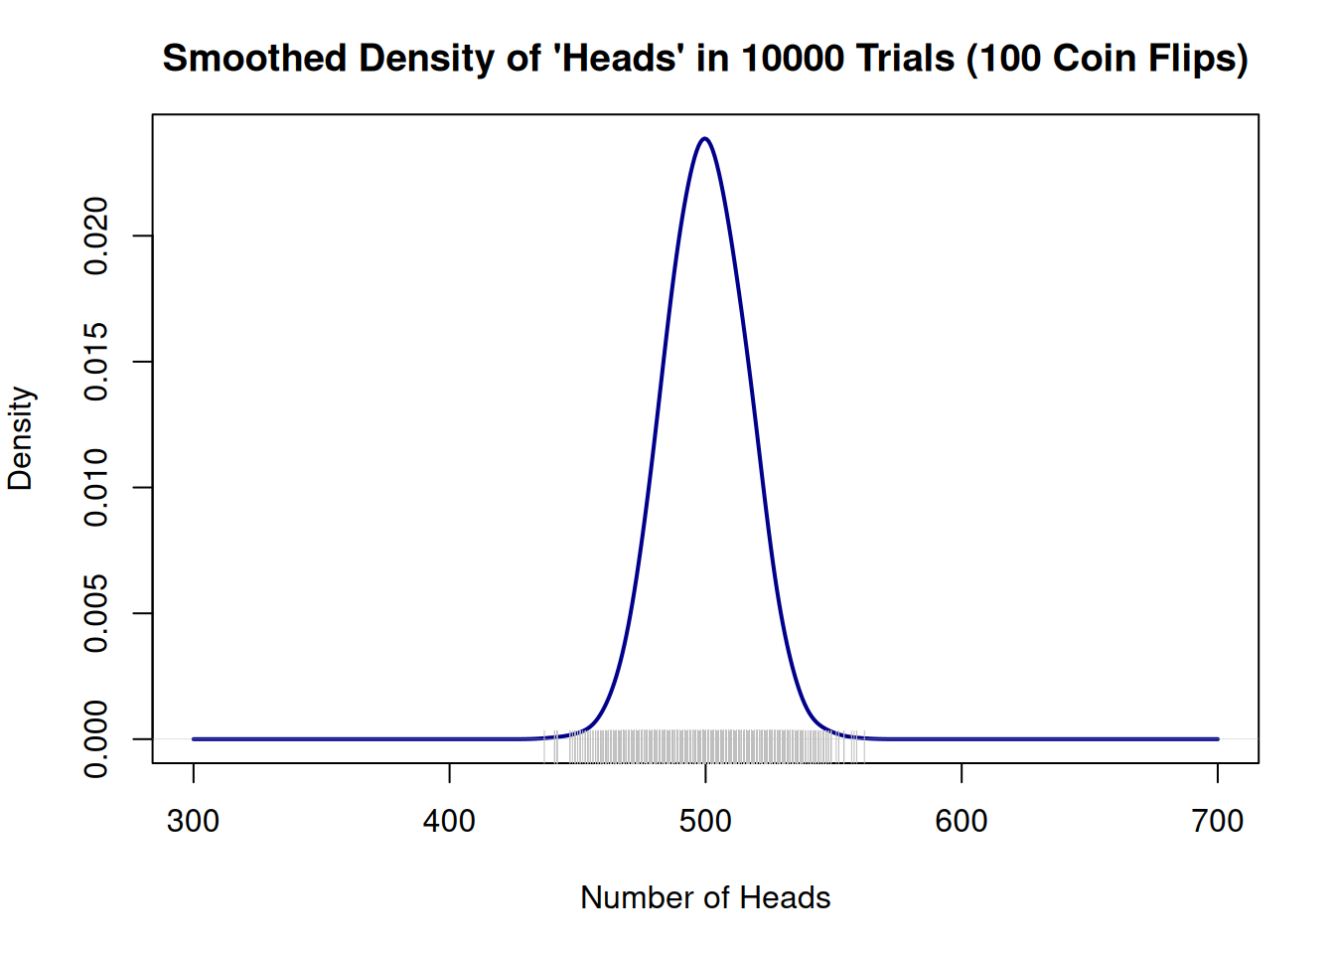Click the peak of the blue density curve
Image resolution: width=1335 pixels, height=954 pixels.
[705, 139]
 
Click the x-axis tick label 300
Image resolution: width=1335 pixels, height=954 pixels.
[194, 821]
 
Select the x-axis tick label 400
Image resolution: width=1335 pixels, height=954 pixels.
[449, 821]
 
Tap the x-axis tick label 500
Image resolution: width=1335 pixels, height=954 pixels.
[705, 821]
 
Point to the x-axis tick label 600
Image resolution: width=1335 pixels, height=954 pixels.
[962, 821]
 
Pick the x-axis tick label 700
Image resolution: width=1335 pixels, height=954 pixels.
[1218, 821]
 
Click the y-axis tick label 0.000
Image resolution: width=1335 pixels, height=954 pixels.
[96, 739]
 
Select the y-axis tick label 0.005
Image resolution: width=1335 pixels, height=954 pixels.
[96, 613]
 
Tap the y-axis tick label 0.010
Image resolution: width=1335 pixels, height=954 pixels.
[96, 487]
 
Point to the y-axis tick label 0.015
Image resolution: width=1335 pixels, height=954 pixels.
[96, 362]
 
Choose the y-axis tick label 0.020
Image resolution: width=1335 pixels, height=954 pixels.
[96, 236]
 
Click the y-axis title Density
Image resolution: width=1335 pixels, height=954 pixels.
[21, 438]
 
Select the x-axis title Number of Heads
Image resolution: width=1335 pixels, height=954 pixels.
[705, 897]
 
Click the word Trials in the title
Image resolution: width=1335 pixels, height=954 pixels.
[906, 59]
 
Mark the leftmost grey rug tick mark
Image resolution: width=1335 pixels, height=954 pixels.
[545, 747]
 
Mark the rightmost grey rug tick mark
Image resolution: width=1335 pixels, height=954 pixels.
[864, 747]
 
